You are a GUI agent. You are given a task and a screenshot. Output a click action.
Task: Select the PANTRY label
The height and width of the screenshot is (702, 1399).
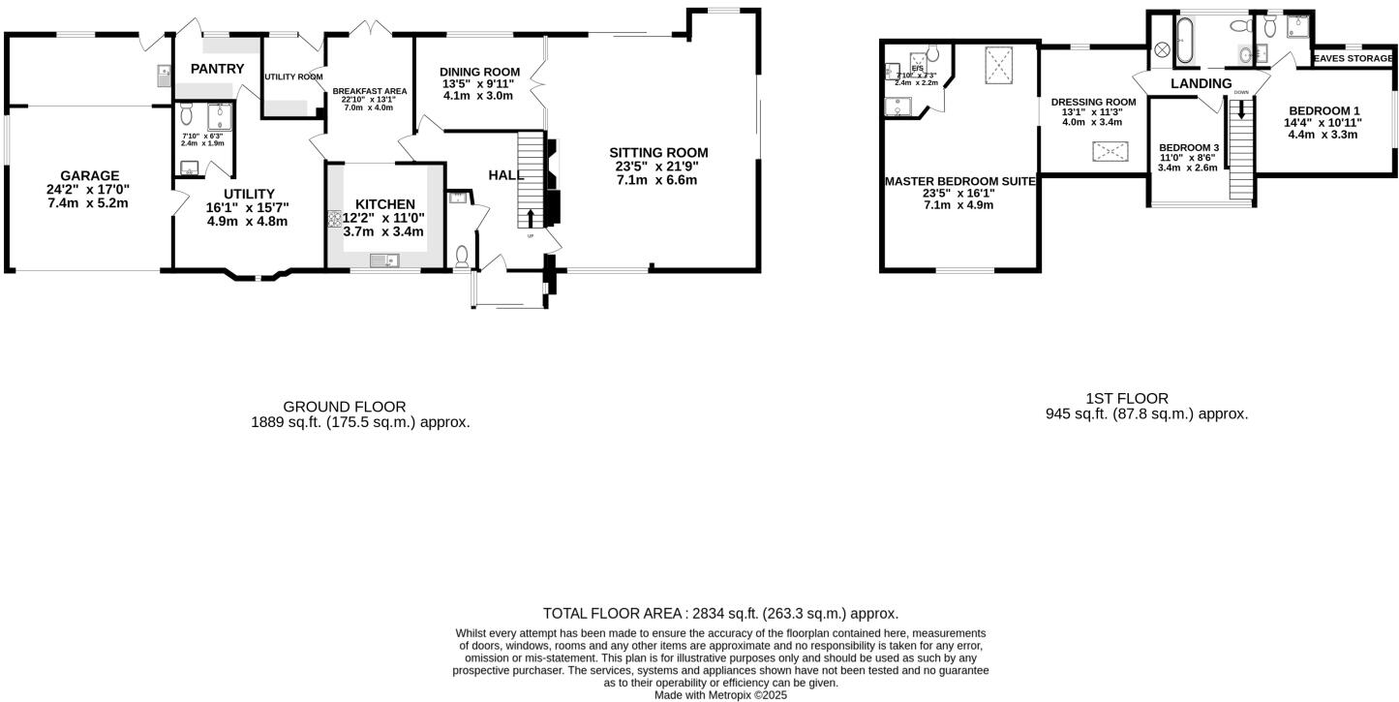click(217, 69)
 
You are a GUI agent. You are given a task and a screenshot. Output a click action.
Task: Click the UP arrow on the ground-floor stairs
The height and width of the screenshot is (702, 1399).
click(530, 217)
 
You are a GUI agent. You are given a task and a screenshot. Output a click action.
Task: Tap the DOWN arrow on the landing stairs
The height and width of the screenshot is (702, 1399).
click(1241, 109)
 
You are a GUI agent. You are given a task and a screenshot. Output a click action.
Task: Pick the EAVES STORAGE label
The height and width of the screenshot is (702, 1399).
click(1353, 58)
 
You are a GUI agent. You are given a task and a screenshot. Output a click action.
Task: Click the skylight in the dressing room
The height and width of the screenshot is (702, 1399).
click(1110, 151)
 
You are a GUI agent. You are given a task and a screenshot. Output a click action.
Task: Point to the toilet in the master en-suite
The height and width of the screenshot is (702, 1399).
click(932, 52)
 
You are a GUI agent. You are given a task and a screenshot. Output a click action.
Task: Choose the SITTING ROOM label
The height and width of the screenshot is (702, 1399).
click(658, 152)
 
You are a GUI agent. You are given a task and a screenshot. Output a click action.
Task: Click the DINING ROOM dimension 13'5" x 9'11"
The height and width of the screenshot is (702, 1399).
click(479, 84)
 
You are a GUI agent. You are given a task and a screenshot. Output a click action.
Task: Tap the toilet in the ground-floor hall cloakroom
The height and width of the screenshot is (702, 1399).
click(462, 257)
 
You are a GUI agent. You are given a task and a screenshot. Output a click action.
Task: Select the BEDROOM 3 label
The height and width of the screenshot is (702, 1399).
click(1189, 147)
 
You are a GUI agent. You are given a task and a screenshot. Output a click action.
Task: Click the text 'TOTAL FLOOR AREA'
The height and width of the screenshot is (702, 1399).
click(614, 613)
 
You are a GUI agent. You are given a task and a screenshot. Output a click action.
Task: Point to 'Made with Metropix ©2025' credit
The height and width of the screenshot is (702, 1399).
click(720, 694)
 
